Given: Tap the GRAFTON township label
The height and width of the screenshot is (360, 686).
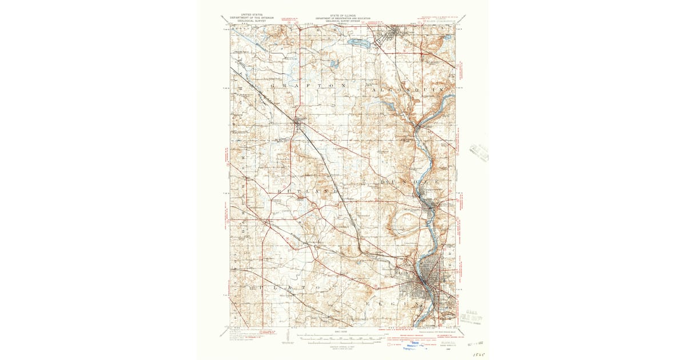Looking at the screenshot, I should coord(309,85).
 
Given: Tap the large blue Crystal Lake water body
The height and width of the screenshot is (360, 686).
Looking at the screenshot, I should coord(360,42).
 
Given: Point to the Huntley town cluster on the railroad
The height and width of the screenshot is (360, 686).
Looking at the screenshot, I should coord(300,121).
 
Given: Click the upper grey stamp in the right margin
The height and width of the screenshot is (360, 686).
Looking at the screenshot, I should coord(478,152).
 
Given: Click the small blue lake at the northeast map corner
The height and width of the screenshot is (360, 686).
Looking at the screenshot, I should coord(448,37).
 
